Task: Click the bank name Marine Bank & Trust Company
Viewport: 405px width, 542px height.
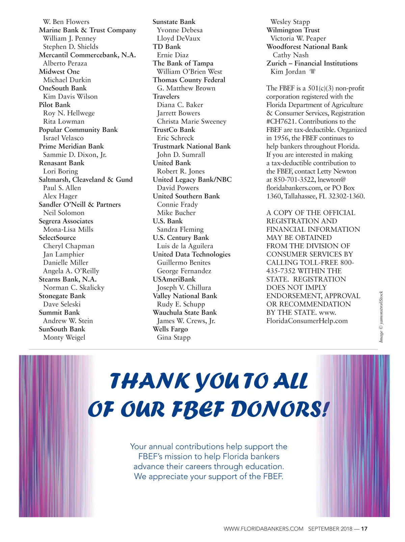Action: click(x=87, y=30)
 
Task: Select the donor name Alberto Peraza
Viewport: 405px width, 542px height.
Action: click(x=65, y=63)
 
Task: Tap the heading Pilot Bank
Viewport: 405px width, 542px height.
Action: click(x=55, y=105)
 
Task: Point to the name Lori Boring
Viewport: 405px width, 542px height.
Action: click(x=60, y=171)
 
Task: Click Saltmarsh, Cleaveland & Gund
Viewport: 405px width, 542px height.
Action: click(x=86, y=180)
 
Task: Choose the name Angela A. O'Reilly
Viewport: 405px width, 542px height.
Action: click(x=71, y=271)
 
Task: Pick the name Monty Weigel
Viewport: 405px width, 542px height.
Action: click(x=64, y=337)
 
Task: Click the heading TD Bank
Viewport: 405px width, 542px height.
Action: click(x=167, y=47)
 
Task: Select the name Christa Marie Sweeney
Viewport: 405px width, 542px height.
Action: click(x=191, y=121)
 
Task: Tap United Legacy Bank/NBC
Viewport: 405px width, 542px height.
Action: click(x=192, y=180)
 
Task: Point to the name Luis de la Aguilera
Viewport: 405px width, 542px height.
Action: click(x=185, y=246)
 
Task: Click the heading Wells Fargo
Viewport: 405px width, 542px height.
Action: click(x=170, y=329)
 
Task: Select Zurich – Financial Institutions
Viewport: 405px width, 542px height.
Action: click(x=312, y=63)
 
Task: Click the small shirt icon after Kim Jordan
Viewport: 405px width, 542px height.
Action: click(x=313, y=72)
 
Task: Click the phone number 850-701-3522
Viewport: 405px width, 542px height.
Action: click(x=295, y=180)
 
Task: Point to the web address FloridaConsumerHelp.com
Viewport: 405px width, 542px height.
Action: click(x=307, y=321)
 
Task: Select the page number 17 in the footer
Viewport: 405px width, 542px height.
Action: click(x=364, y=529)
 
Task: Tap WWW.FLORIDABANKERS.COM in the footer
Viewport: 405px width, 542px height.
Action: click(x=263, y=529)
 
